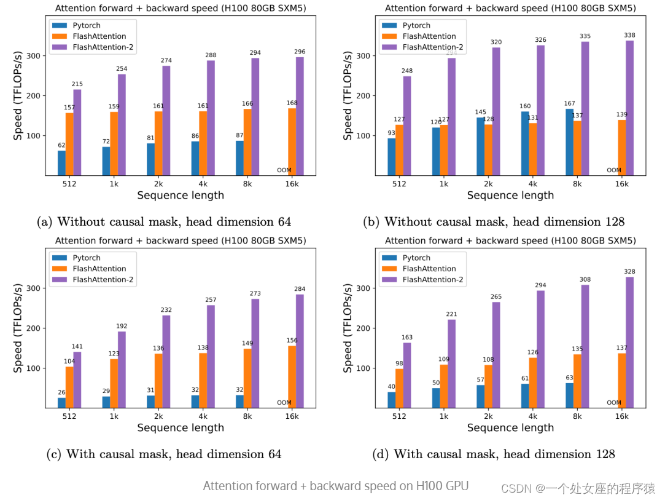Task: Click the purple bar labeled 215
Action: (77, 132)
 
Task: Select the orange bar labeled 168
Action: (292, 141)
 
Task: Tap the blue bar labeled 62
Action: (61, 163)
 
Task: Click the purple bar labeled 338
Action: (629, 108)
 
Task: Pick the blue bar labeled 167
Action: (570, 142)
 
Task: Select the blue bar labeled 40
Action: (391, 400)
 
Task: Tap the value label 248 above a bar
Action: (407, 71)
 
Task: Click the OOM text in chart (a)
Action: (284, 170)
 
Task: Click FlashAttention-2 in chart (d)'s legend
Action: (433, 280)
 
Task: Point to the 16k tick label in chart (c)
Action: (292, 416)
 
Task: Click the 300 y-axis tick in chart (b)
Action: (367, 56)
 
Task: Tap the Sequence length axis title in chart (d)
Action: (510, 427)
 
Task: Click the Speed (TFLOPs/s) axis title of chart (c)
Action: (18, 328)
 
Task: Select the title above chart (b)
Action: (510, 8)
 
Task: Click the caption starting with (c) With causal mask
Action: (164, 454)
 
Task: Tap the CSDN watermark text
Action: (578, 488)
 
